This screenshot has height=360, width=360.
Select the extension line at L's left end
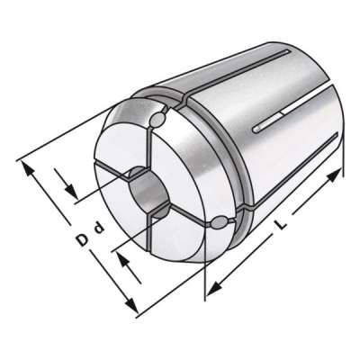point(207,261)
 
